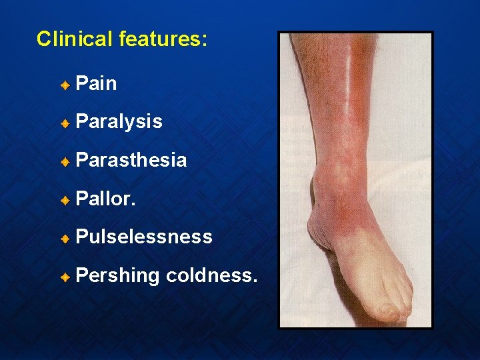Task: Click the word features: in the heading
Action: (163, 39)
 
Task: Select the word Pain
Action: (97, 84)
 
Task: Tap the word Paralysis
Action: (119, 122)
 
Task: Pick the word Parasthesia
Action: (131, 160)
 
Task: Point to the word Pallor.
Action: (106, 199)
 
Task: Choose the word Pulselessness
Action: (144, 237)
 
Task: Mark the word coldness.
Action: (211, 275)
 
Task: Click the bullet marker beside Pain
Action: (65, 85)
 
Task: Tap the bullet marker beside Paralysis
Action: (65, 123)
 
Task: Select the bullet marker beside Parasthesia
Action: (65, 161)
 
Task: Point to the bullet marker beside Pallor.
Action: (65, 199)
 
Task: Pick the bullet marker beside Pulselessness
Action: (65, 237)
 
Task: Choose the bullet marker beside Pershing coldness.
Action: (65, 276)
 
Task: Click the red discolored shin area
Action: (357, 100)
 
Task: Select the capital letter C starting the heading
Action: (43, 39)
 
